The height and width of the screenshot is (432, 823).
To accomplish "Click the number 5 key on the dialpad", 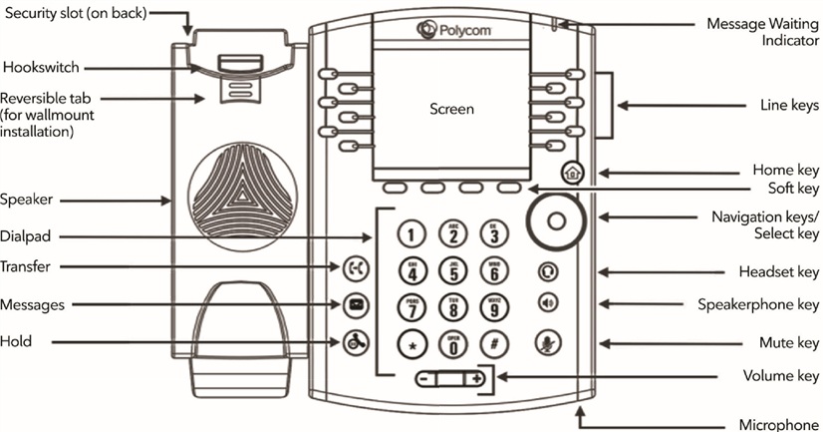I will click(x=454, y=269).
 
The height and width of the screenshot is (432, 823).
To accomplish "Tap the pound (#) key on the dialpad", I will click(x=493, y=344).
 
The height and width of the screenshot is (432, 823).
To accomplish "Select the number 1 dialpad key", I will click(x=414, y=233).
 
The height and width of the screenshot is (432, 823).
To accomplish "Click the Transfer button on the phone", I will click(x=355, y=267).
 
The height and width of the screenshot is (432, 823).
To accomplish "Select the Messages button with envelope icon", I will click(x=355, y=304).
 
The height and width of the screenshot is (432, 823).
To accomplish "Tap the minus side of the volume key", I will click(x=424, y=379).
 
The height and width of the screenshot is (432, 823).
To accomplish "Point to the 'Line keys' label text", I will click(x=788, y=105).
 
